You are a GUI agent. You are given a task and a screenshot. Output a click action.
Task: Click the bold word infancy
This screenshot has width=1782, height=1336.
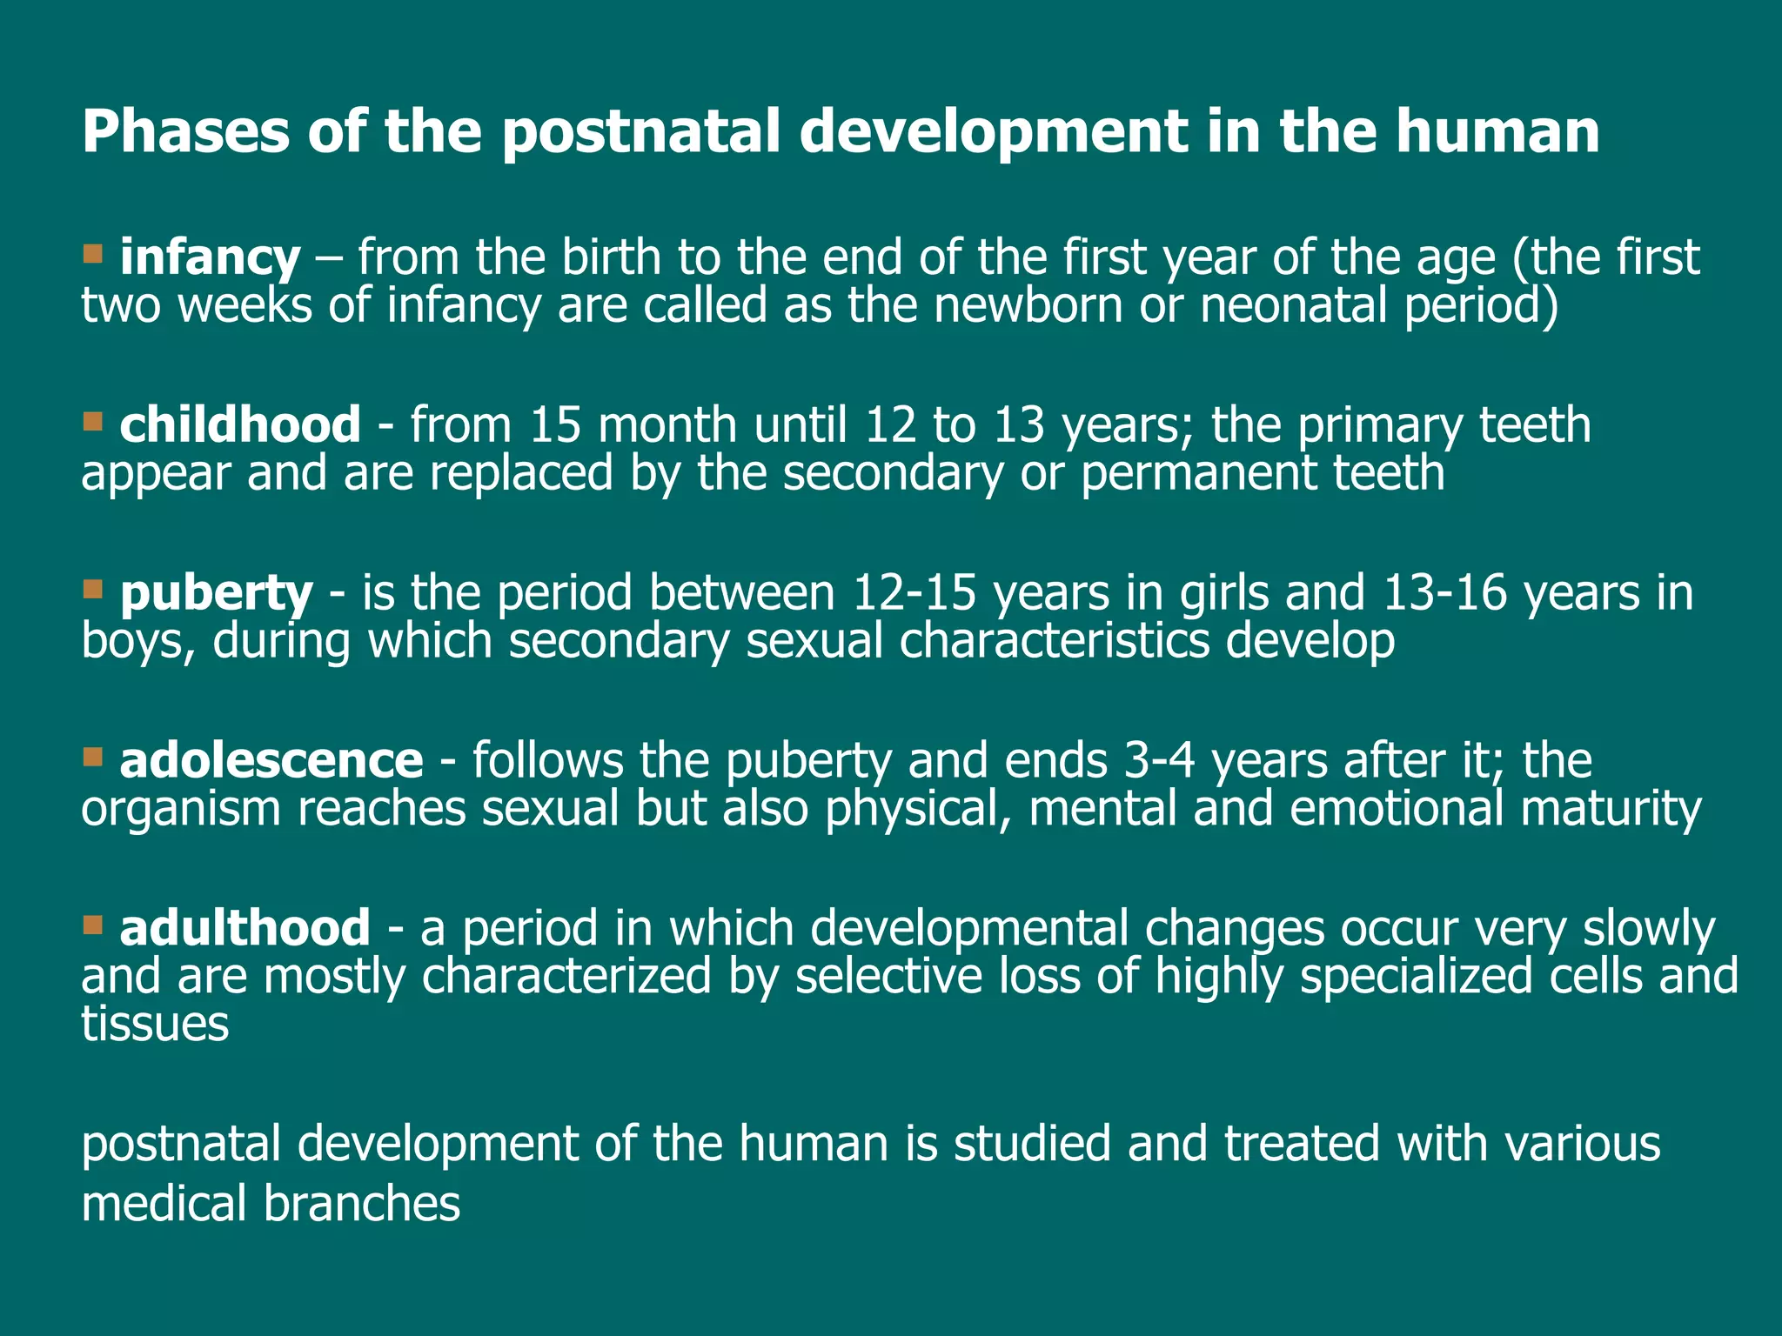210,258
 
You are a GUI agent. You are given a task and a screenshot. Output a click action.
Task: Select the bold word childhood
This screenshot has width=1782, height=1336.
239,425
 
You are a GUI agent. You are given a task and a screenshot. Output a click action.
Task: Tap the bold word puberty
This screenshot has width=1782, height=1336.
216,593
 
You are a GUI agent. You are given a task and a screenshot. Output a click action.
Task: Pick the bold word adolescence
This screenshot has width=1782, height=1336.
271,761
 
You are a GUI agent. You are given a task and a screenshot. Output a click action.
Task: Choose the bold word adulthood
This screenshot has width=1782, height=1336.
245,928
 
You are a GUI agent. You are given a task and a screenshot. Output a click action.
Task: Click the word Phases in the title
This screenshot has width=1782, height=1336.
184,132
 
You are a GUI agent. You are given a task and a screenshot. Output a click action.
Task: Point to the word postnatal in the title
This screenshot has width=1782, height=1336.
640,132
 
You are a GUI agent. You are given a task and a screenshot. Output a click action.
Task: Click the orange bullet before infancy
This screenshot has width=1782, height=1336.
93,254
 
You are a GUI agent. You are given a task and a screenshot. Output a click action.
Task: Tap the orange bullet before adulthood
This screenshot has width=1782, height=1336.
93,924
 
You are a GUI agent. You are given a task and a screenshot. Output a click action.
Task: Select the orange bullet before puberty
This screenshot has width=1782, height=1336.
93,589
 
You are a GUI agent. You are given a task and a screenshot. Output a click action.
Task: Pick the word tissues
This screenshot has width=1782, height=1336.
155,1024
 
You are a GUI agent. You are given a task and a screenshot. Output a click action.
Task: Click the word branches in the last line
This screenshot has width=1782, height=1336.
361,1205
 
